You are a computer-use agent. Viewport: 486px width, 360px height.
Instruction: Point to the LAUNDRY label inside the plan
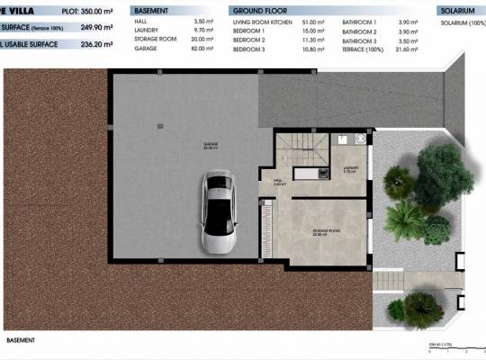point(351,168)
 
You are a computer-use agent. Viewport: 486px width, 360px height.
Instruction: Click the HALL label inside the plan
point(278,182)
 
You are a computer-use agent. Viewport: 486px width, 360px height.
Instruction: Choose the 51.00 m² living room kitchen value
point(314,20)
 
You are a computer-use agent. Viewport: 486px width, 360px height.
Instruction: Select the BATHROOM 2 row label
point(360,31)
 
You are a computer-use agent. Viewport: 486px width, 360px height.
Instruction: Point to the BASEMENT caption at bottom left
point(20,340)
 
